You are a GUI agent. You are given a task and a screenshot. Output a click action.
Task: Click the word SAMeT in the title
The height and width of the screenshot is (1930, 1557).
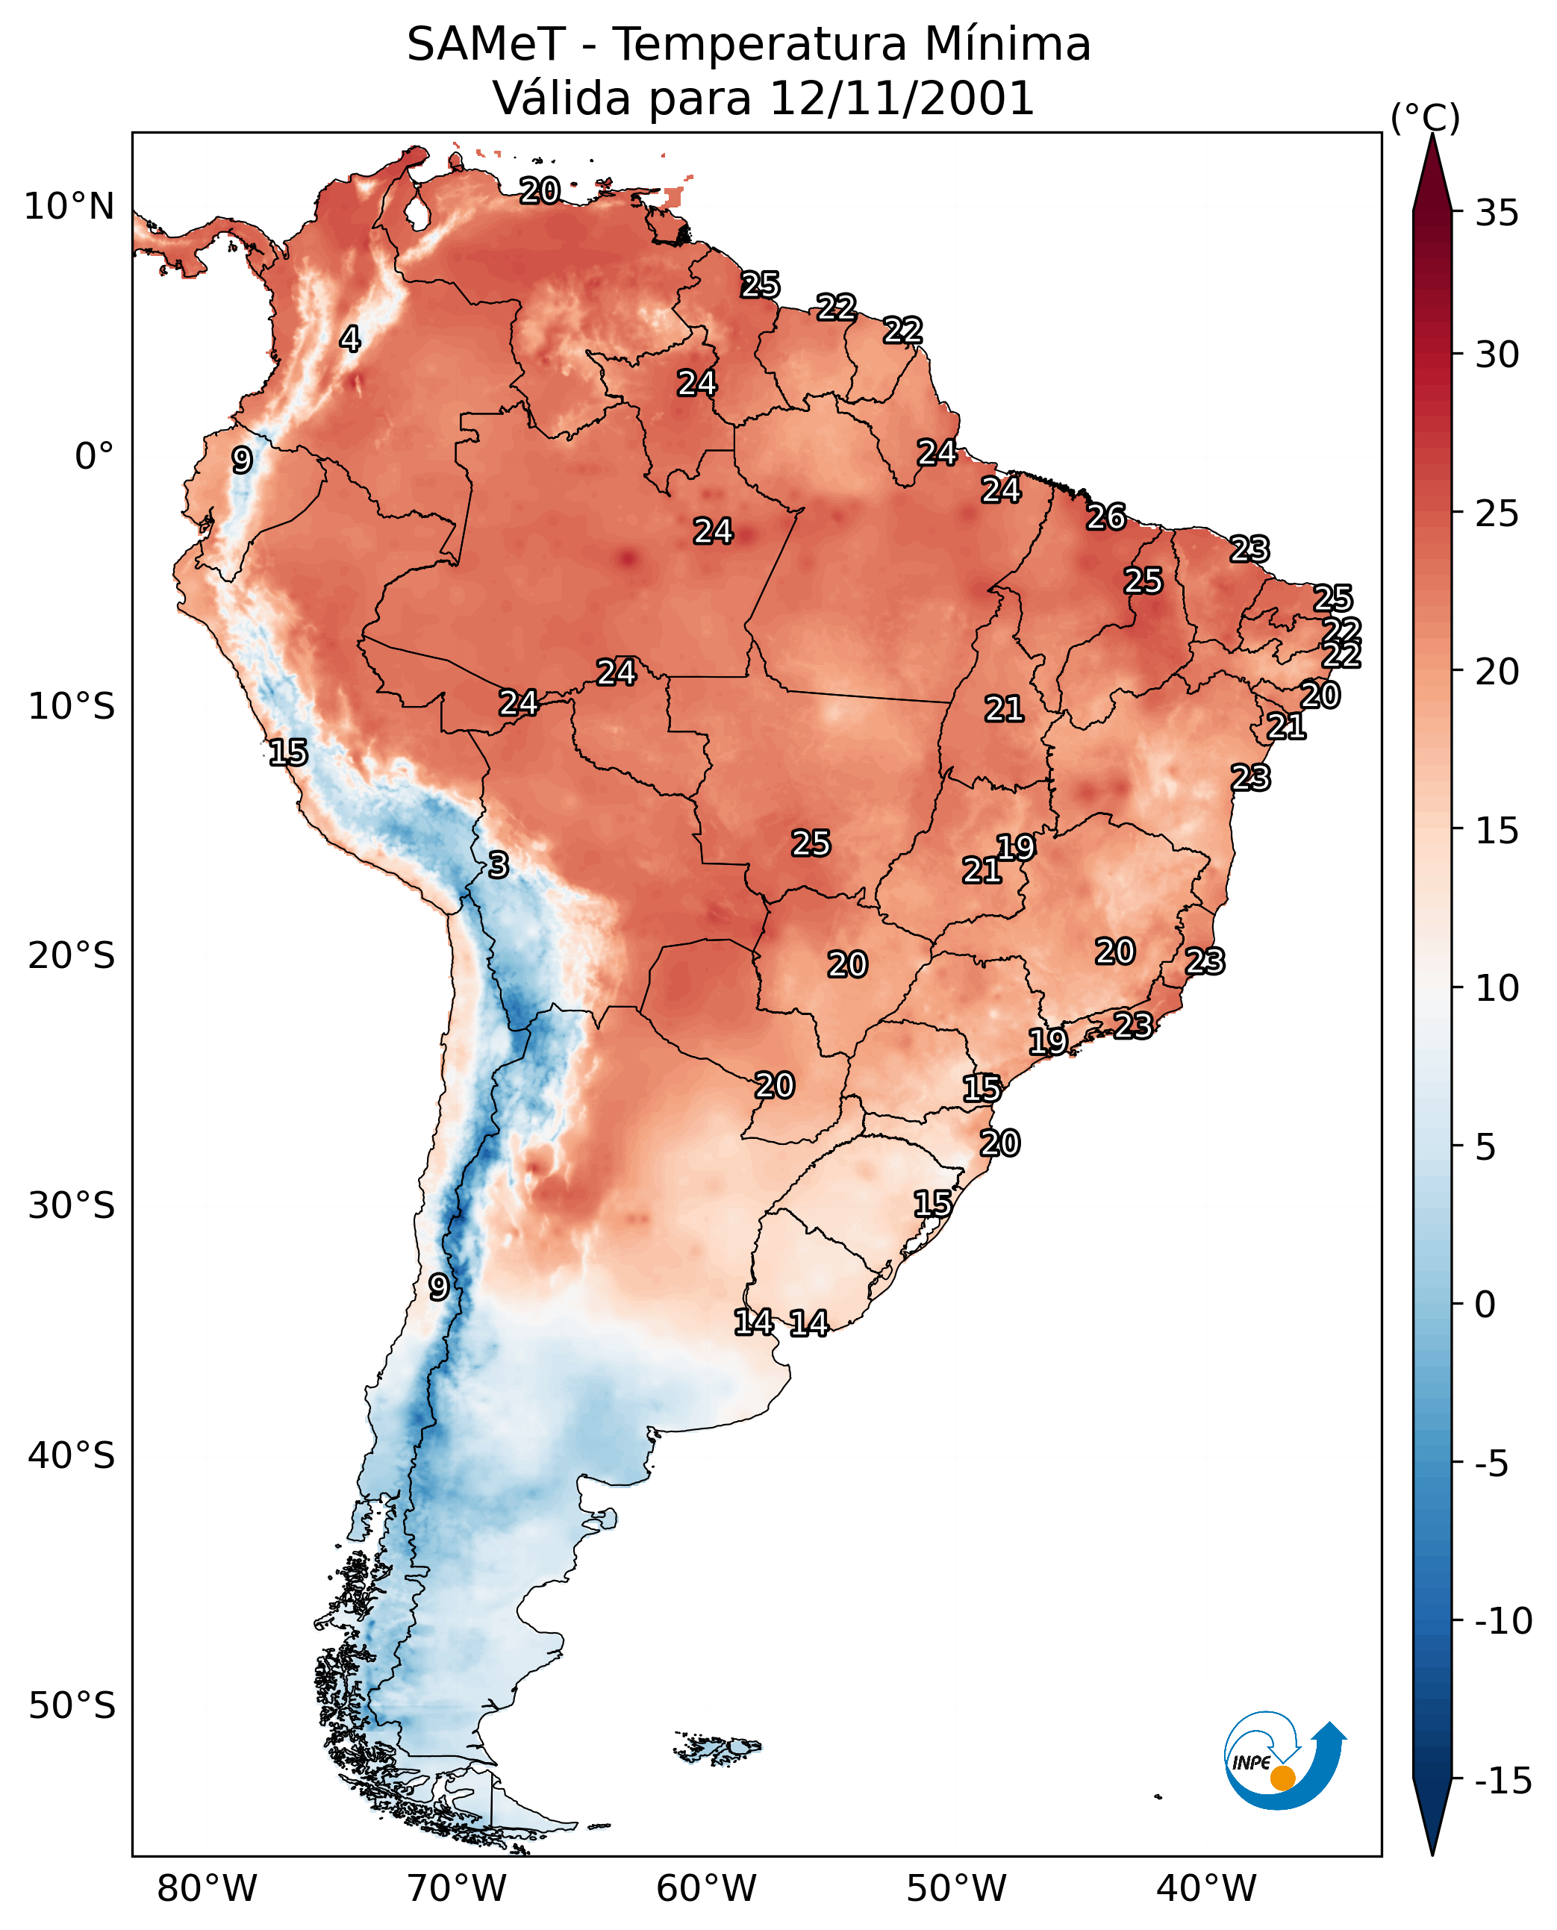486,45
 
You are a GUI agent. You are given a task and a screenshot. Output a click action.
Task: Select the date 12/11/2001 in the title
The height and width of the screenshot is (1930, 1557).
902,99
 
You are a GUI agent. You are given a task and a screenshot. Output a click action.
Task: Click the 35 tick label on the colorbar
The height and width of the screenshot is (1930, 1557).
1497,213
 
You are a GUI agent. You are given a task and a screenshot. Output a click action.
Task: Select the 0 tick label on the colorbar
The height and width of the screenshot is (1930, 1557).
1485,1305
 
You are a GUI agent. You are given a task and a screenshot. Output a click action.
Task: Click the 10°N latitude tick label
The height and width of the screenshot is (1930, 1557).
69,207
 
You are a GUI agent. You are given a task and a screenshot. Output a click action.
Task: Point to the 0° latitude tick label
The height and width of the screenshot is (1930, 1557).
94,457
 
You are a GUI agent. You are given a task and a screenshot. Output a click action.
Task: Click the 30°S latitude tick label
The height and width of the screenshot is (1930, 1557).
72,1206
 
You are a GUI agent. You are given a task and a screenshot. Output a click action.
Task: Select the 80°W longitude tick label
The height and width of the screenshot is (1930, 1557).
208,1890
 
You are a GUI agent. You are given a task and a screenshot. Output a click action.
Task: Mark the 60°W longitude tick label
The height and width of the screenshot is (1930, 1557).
707,1890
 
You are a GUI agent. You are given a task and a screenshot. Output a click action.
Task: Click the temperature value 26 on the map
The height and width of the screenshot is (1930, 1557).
1106,517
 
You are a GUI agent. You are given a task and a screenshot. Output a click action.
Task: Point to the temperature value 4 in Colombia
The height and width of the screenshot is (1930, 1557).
350,339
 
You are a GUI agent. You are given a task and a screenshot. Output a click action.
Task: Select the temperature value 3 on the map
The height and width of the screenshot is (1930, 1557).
499,864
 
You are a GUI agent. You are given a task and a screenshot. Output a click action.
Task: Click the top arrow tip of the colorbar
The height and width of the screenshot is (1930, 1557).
1432,137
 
